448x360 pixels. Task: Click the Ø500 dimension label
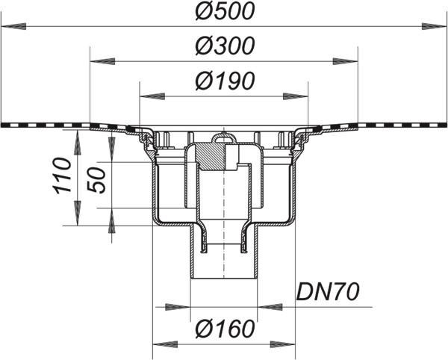point(225,12)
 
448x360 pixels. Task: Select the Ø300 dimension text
point(225,46)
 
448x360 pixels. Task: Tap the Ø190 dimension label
point(225,81)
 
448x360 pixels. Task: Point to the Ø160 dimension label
point(225,329)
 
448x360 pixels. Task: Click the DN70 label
point(328,292)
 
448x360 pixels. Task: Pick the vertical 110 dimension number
point(62,176)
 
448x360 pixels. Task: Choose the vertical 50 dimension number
point(97,181)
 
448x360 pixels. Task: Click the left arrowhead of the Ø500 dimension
point(13,27)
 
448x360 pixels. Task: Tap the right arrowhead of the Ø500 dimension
point(435,27)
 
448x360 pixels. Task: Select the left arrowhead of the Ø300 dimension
point(102,61)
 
